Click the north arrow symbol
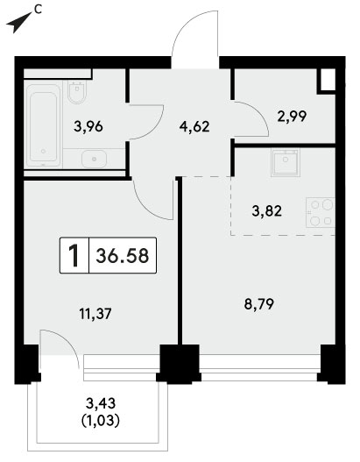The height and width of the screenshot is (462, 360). [x=18, y=23]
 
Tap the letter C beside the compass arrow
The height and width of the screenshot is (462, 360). [x=38, y=10]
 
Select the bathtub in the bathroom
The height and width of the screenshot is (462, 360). [x=44, y=125]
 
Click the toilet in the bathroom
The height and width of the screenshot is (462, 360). [x=77, y=91]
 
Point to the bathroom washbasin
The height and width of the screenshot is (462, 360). [x=94, y=159]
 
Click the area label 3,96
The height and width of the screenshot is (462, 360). [x=88, y=127]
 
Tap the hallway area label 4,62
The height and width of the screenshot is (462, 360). [x=194, y=127]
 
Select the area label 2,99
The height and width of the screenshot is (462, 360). [x=292, y=116]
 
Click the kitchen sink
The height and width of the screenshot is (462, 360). [x=286, y=162]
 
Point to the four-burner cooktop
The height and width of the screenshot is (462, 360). [x=321, y=212]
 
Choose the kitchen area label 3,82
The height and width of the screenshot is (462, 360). [x=266, y=211]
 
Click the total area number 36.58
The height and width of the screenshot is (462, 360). [x=123, y=255]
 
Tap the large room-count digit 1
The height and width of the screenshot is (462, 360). [x=74, y=256]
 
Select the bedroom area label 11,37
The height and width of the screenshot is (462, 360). [x=95, y=314]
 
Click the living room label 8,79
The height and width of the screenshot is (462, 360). [x=259, y=304]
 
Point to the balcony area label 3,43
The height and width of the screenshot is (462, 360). [x=101, y=403]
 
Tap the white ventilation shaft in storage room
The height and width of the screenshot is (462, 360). [x=327, y=80]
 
